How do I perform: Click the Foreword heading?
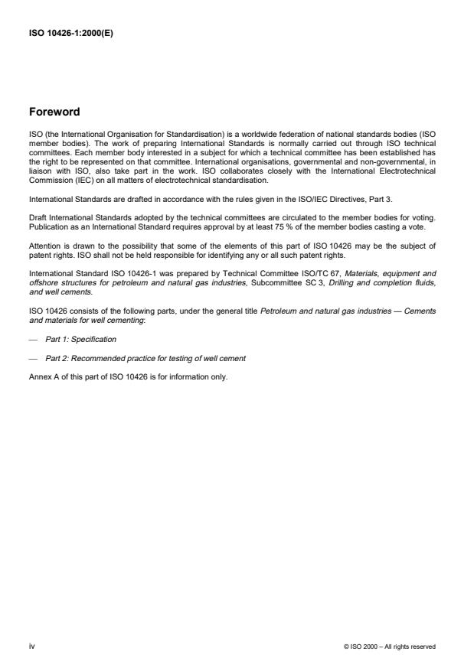point(54,112)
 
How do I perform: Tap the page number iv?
point(31,647)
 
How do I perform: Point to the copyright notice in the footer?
point(391,647)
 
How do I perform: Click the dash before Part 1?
point(33,339)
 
